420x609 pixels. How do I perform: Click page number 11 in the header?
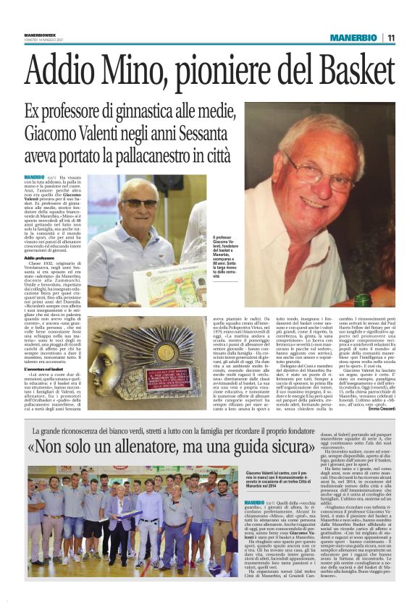tap(390, 38)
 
